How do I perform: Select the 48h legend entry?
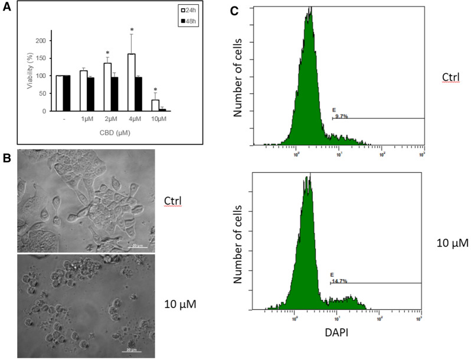point(190,22)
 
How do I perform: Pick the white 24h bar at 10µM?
point(155,105)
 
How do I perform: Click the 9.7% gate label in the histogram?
point(341,117)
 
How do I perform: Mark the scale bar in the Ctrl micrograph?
point(139,246)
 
